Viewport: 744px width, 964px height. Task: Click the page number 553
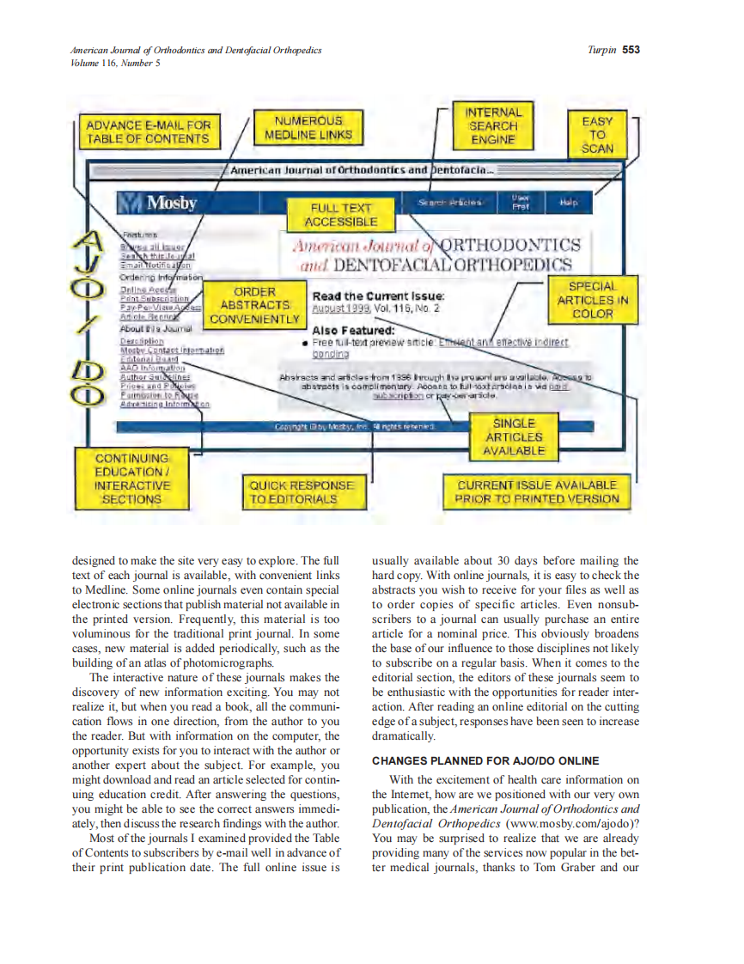[x=631, y=49]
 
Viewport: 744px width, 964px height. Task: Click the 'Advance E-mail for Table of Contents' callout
[x=148, y=132]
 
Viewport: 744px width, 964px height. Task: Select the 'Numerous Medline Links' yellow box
[x=308, y=128]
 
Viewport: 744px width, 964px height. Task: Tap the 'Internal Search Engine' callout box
[x=493, y=125]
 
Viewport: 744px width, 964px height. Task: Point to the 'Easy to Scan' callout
[x=597, y=134]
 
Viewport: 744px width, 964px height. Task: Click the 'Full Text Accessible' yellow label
[x=341, y=215]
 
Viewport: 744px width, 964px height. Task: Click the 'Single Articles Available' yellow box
[x=514, y=436]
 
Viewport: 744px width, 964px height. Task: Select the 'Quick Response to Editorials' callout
[x=301, y=491]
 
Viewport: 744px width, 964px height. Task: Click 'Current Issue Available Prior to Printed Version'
[x=536, y=491]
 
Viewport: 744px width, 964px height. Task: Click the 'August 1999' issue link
[x=340, y=307]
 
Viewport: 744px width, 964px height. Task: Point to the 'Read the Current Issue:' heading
[x=378, y=296]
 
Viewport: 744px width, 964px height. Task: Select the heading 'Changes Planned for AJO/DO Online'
[x=485, y=761]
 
